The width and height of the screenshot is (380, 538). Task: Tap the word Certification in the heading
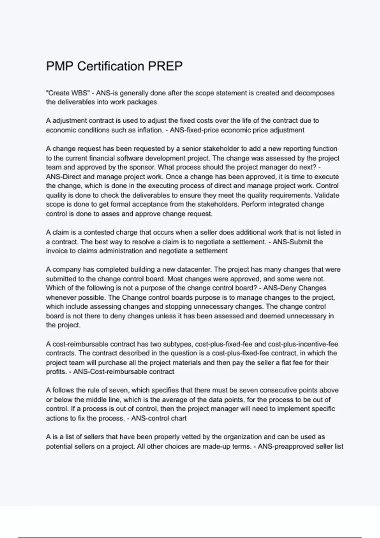[111, 66]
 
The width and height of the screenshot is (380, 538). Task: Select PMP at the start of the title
[60, 66]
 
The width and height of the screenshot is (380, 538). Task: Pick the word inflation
[150, 130]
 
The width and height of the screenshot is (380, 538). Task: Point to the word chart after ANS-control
[179, 418]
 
